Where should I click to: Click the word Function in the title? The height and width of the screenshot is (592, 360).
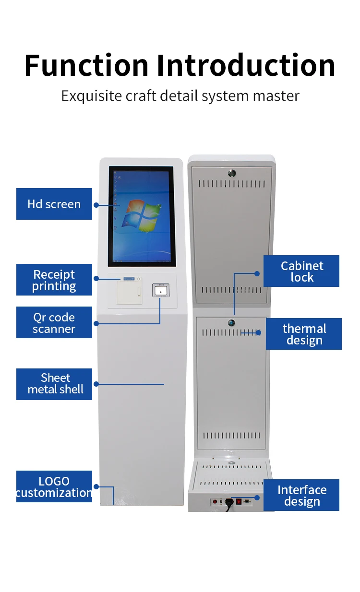click(86, 65)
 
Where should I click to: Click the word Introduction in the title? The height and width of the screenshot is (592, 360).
click(246, 65)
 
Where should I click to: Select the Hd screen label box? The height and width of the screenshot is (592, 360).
click(54, 204)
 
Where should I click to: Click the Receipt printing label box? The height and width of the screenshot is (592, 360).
click(54, 280)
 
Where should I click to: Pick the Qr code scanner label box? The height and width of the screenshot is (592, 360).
click(54, 322)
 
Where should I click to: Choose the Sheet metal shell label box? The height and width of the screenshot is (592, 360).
click(54, 384)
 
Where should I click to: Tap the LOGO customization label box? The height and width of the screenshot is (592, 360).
click(54, 486)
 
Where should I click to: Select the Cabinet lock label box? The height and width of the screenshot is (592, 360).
click(301, 271)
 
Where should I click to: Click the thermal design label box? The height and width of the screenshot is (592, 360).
click(304, 334)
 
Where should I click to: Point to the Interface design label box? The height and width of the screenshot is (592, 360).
click(301, 495)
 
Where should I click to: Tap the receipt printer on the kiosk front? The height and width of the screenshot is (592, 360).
click(130, 290)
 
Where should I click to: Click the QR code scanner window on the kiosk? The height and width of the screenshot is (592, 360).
click(161, 291)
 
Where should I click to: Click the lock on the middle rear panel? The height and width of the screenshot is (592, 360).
click(231, 323)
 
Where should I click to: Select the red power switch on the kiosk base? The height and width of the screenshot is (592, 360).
click(239, 502)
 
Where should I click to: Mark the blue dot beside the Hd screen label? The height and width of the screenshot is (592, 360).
click(96, 204)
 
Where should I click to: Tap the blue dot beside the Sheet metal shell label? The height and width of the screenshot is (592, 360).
click(96, 384)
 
